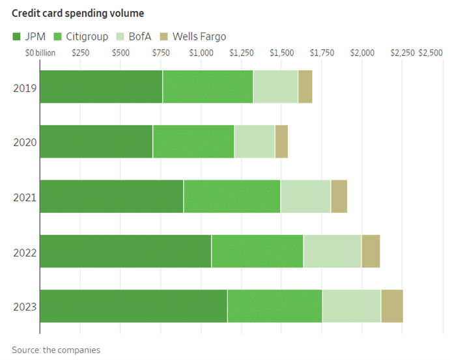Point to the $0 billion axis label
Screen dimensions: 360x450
(40, 53)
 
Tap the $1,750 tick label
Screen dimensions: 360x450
(322, 53)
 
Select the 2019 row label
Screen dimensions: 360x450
(24, 87)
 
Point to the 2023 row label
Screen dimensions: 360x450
(24, 307)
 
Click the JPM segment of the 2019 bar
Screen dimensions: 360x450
(101, 87)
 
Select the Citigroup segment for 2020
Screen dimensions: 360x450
(193, 141)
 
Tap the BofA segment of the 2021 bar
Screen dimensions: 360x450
(305, 197)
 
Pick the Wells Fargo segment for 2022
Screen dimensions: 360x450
(371, 251)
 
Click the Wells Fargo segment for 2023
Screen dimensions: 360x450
(392, 306)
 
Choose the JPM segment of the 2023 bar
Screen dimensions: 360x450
(134, 306)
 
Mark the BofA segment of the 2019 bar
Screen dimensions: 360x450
(275, 87)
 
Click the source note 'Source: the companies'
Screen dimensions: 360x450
(56, 350)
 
